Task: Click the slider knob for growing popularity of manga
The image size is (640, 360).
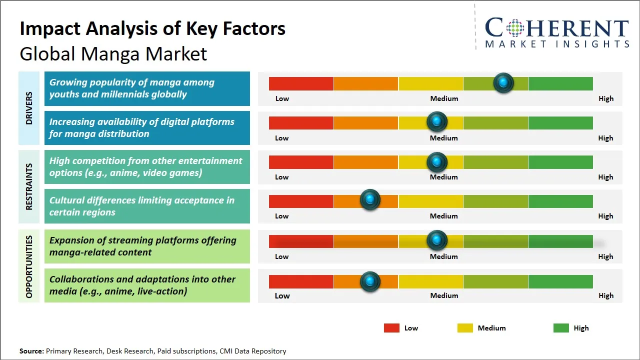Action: pyautogui.click(x=503, y=82)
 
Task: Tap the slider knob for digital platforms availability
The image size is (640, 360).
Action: pyautogui.click(x=437, y=121)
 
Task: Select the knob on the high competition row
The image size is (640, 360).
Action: pyautogui.click(x=437, y=161)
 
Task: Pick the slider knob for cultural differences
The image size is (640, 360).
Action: pyautogui.click(x=370, y=200)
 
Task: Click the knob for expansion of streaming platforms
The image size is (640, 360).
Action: pyautogui.click(x=437, y=240)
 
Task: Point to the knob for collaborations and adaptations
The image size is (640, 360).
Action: pyautogui.click(x=370, y=281)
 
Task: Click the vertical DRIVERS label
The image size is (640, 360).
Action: pyautogui.click(x=29, y=108)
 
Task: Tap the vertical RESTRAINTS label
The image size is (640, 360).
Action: pyautogui.click(x=29, y=186)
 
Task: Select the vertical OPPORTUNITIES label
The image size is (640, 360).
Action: pyautogui.click(x=29, y=266)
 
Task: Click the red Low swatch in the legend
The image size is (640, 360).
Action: pyautogui.click(x=391, y=328)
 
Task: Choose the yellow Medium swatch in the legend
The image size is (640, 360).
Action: pyautogui.click(x=465, y=328)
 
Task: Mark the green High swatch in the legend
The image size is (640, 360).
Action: pyautogui.click(x=561, y=328)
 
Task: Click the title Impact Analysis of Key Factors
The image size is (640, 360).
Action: pyautogui.click(x=152, y=29)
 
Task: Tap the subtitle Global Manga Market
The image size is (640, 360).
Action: pyautogui.click(x=113, y=54)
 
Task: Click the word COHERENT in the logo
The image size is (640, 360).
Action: pyautogui.click(x=557, y=28)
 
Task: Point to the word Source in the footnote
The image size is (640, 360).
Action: pyautogui.click(x=31, y=351)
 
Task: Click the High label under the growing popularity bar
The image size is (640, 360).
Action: pyautogui.click(x=605, y=98)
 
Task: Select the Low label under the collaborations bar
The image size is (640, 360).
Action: pyautogui.click(x=282, y=295)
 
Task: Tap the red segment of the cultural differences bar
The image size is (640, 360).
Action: pyautogui.click(x=301, y=201)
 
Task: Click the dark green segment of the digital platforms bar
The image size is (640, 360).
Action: pyautogui.click(x=560, y=122)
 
